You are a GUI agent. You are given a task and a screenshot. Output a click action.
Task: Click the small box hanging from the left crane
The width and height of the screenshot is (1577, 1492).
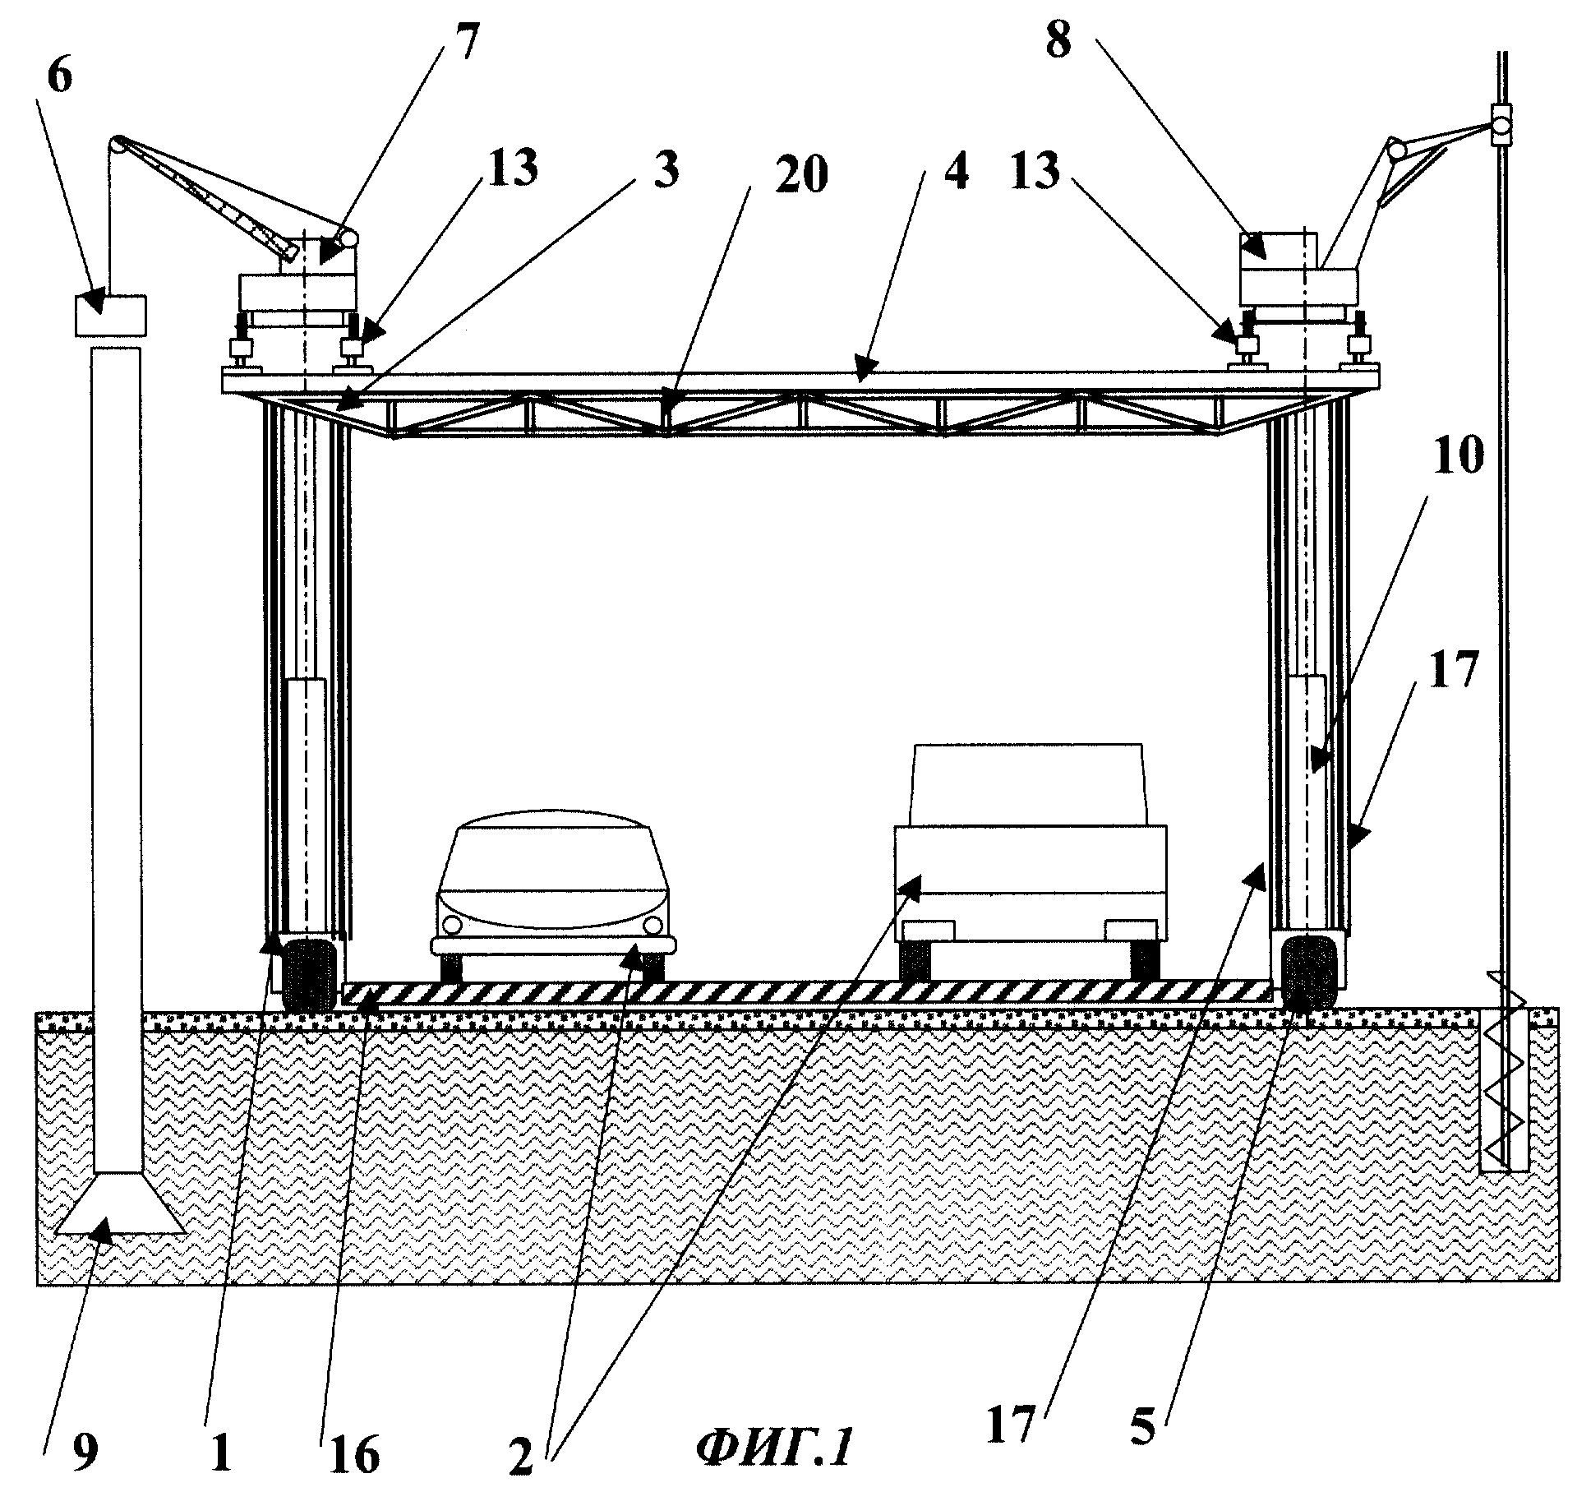tap(110, 315)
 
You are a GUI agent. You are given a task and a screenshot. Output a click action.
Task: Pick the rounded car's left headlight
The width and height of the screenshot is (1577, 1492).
tap(451, 925)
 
